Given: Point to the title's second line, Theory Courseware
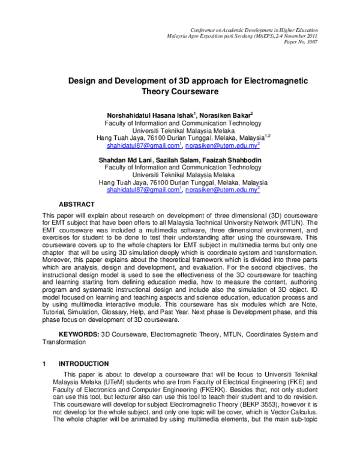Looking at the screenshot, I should (x=179, y=92).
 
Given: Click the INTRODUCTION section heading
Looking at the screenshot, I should (x=83, y=364).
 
